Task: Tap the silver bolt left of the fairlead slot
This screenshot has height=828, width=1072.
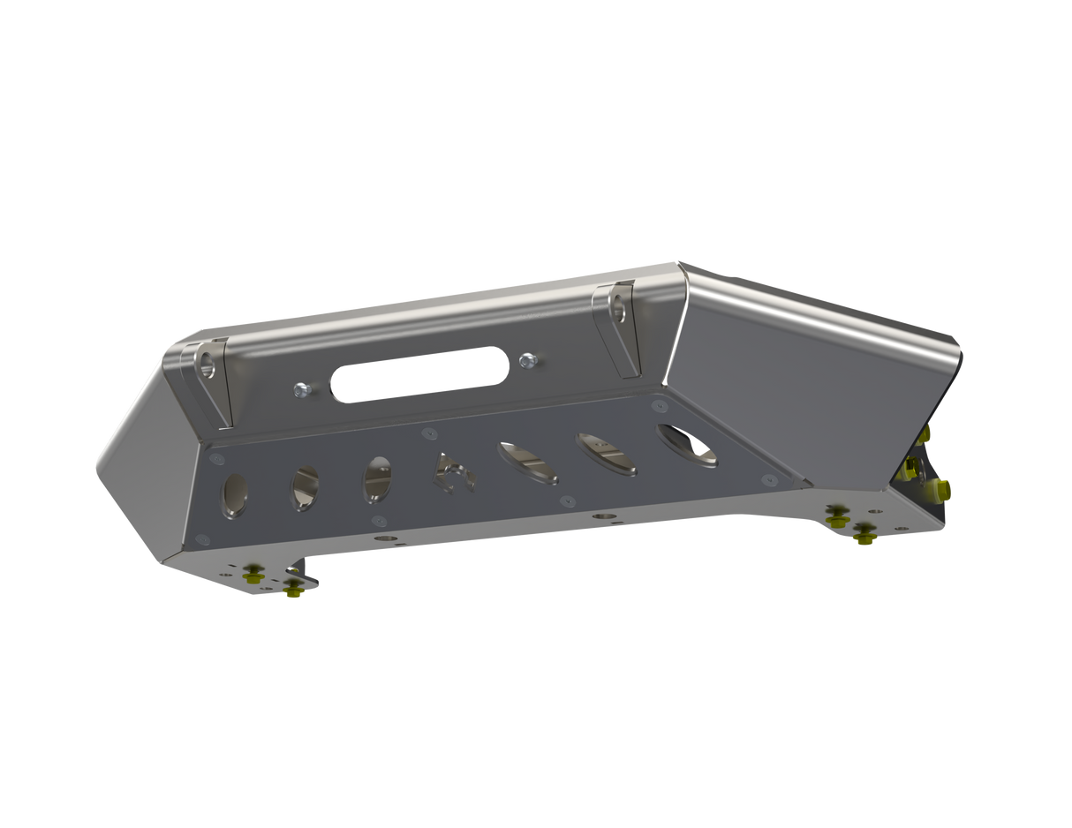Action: click(x=302, y=387)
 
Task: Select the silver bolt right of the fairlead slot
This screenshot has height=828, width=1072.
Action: click(x=528, y=359)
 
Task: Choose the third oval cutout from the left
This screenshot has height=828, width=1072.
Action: click(x=377, y=478)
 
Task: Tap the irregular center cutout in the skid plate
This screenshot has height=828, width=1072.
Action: click(x=452, y=471)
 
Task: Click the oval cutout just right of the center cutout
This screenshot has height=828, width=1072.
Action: click(x=528, y=463)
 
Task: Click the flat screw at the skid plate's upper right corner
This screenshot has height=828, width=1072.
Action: click(x=658, y=405)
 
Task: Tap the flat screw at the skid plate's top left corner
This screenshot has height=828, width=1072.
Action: click(x=214, y=457)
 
